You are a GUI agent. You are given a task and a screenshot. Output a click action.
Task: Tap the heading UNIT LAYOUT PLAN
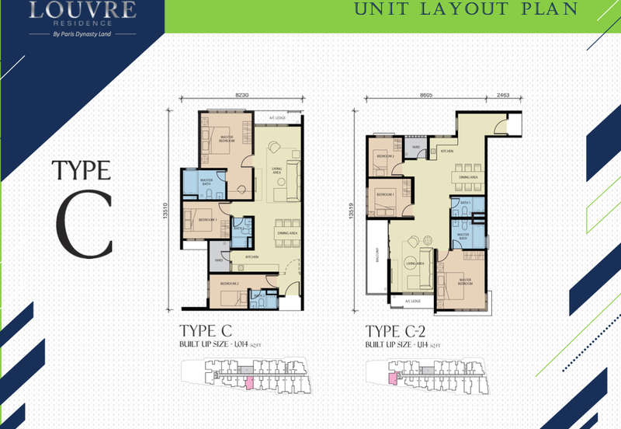[x=466, y=10]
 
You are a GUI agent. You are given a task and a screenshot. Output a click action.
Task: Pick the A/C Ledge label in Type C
[x=277, y=118]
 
